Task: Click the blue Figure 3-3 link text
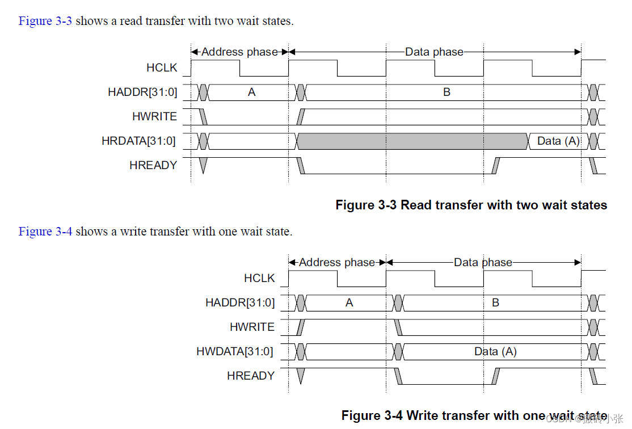click(45, 22)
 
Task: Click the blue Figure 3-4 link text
click(45, 232)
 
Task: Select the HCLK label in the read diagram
click(162, 68)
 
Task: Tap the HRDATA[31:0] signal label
click(138, 141)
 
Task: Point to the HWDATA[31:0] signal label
click(234, 352)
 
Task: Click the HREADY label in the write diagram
click(250, 376)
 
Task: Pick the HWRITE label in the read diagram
click(154, 117)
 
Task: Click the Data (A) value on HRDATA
click(558, 141)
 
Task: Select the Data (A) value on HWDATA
click(495, 352)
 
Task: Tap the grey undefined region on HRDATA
click(412, 141)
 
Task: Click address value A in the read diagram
click(251, 92)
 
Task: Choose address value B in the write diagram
click(495, 303)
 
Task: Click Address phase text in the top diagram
click(239, 52)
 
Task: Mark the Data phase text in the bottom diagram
click(483, 263)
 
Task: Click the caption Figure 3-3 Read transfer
click(471, 205)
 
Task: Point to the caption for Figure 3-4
click(474, 415)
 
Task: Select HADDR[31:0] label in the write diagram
click(240, 303)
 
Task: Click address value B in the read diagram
click(446, 92)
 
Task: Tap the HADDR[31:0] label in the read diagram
click(142, 92)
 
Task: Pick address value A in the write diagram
click(349, 303)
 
